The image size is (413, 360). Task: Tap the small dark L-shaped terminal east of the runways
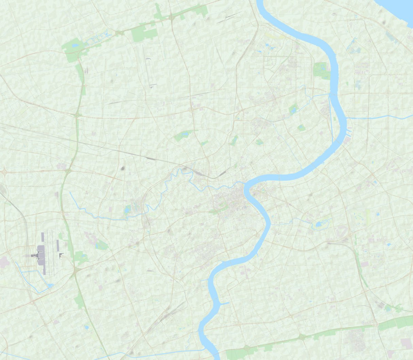[61, 255]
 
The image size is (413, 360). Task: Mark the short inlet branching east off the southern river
[224, 304]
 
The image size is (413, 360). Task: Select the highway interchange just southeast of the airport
[74, 270]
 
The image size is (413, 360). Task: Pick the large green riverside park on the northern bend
[321, 71]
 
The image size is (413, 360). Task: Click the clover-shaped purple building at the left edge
[4, 262]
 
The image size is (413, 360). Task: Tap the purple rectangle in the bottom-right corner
[406, 343]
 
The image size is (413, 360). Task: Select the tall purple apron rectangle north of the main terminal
[43, 237]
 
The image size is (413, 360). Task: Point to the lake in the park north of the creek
[184, 134]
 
